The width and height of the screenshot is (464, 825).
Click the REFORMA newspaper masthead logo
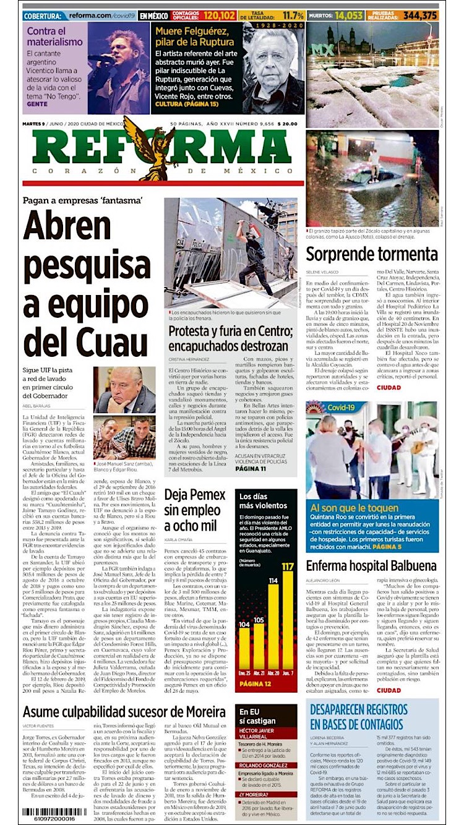pos(162,149)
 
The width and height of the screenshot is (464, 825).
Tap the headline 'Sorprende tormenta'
pos(372,254)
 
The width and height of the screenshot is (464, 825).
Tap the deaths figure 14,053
pos(350,15)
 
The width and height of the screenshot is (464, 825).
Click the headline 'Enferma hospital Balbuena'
pos(371,565)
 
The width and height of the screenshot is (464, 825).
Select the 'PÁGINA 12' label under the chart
pos(255,684)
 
